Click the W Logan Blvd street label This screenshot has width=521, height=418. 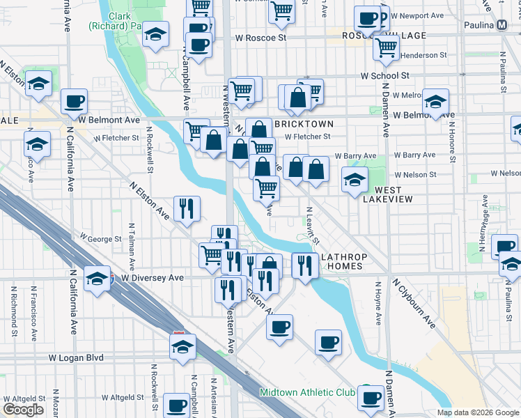tap(76, 357)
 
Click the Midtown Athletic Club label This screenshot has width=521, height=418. tap(307, 392)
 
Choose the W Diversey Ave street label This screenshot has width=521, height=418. tap(152, 278)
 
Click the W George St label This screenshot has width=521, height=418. tap(101, 239)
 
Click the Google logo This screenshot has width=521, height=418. tap(22, 409)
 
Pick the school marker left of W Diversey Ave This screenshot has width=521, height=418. tap(97, 279)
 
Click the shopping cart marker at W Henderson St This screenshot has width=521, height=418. tap(385, 47)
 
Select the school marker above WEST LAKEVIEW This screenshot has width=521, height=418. tap(355, 180)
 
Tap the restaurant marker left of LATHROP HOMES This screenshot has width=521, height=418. tap(304, 266)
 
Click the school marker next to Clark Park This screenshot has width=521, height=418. tap(155, 34)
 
